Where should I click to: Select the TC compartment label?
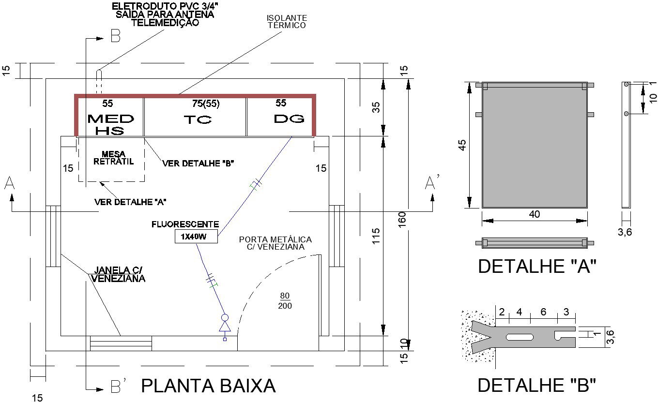(x=197, y=120)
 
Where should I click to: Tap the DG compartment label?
(x=289, y=119)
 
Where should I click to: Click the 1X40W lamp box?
(x=196, y=237)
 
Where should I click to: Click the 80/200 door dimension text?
(x=285, y=300)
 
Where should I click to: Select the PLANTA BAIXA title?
(x=208, y=386)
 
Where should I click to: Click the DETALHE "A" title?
(x=536, y=267)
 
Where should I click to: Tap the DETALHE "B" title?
(x=536, y=386)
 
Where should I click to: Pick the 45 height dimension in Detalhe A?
(x=463, y=145)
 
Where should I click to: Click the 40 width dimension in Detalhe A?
(x=535, y=214)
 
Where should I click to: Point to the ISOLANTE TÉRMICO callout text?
(x=287, y=22)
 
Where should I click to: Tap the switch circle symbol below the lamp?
(x=225, y=318)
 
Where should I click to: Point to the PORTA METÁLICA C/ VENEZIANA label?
(x=275, y=243)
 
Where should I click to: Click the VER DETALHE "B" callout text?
(x=198, y=164)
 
